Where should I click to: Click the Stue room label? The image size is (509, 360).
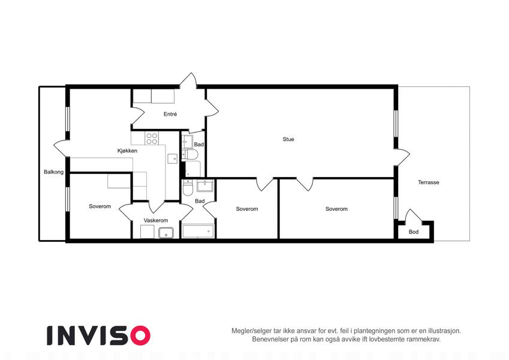coord(288,139)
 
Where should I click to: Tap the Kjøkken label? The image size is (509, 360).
coord(127,151)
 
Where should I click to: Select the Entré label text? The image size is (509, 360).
coord(170,114)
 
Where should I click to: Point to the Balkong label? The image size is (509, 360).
coord(53,172)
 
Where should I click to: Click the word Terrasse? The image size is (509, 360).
coord(429,182)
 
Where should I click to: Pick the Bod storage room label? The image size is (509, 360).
coord(414,232)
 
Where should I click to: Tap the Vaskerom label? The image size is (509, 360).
coord(156,220)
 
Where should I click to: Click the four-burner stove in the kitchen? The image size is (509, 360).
coord(152,139)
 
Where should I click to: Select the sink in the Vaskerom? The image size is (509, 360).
coord(166,233)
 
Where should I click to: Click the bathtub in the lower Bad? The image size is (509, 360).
coord(198,232)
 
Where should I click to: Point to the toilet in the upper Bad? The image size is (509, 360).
coord(190,155)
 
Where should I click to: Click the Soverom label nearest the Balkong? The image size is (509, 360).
coord(100,206)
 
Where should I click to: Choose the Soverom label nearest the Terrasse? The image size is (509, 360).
coord(336,209)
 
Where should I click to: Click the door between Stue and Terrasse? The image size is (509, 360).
coord(402,158)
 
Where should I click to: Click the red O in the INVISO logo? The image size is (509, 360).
coord(141,335)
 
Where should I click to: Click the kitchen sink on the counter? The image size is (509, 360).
coord(173,158)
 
